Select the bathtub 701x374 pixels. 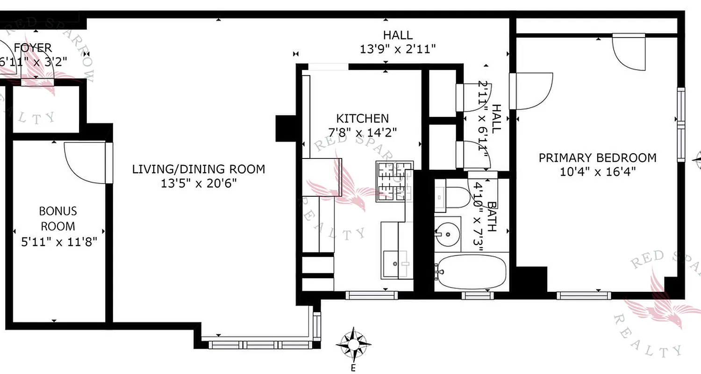tap(471, 272)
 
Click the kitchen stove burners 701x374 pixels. tap(394, 181)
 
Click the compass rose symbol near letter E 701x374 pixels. tap(354, 345)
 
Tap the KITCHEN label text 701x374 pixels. tap(362, 119)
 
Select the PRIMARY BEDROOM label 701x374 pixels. tap(597, 158)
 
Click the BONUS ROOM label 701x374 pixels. tap(58, 219)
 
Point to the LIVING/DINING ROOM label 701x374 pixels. tap(199, 169)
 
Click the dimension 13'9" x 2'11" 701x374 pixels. tap(398, 49)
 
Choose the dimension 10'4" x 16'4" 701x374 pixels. tap(597, 172)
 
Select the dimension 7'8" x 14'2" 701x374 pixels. tap(363, 132)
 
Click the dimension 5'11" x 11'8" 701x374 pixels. tap(59, 242)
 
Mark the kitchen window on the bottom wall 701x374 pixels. tap(372, 295)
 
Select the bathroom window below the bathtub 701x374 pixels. tap(477, 295)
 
